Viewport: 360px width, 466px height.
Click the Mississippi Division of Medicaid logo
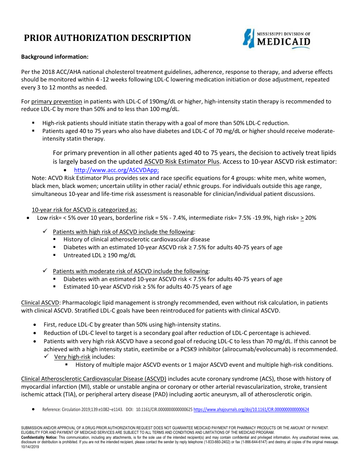pyautogui.click(x=277, y=39)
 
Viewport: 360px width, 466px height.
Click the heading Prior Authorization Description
pyautogui.click(x=108, y=38)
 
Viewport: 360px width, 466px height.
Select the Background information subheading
pyautogui.click(x=55, y=57)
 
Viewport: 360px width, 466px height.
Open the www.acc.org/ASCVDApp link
pyautogui.click(x=116, y=170)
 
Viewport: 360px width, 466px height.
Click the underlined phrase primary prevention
pyautogui.click(x=57, y=102)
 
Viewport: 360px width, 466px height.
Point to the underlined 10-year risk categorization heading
pyautogui.click(x=85, y=210)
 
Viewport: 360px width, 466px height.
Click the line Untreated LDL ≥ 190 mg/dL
pyautogui.click(x=99, y=255)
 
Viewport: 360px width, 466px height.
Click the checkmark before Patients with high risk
pyautogui.click(x=45, y=231)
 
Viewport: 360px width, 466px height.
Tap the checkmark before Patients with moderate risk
pyautogui.click(x=45, y=271)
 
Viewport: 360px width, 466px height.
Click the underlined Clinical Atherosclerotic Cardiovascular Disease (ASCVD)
pyautogui.click(x=94, y=379)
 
